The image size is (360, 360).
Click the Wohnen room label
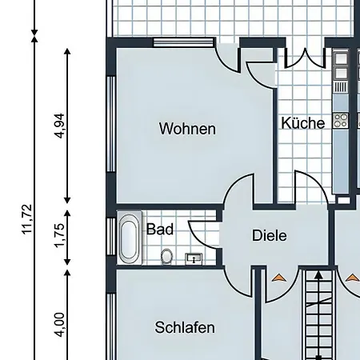point(187,129)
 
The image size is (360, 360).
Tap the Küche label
point(303,123)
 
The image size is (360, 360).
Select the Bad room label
point(160,229)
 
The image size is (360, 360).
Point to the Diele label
point(270,235)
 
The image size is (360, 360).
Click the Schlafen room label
point(185,327)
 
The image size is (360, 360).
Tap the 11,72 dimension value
point(27,219)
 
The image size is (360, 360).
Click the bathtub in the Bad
point(130,238)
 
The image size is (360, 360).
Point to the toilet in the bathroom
point(167,256)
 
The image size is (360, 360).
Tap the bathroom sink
point(194,258)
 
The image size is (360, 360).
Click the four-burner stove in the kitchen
point(341,121)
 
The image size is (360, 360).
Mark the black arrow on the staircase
point(318,314)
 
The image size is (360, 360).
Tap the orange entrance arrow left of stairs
point(279,278)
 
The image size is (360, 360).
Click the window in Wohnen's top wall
point(184,42)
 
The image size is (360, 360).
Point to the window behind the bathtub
point(111,237)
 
